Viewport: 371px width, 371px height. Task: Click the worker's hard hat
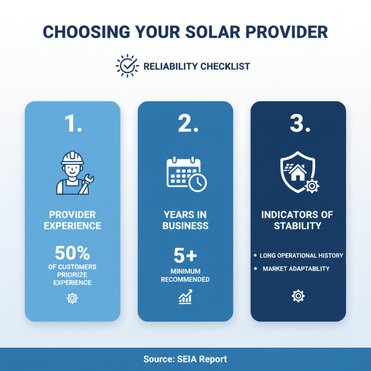[x=72, y=158]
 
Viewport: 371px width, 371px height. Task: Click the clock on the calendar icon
[x=198, y=182]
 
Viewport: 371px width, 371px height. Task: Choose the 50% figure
[x=72, y=253]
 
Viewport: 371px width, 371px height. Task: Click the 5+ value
[x=185, y=255]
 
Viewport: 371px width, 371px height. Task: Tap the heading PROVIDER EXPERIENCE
[x=72, y=220]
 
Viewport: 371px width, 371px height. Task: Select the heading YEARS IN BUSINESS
[x=185, y=220]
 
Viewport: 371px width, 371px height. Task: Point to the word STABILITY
[x=298, y=226]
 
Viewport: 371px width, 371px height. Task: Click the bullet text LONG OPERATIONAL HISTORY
[x=301, y=256]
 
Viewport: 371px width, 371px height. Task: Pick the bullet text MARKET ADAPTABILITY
[x=296, y=269]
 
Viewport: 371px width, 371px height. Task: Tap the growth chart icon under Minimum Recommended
[x=185, y=297]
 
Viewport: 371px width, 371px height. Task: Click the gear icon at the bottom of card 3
[x=298, y=296]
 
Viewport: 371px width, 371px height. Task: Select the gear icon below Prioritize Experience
[x=72, y=298]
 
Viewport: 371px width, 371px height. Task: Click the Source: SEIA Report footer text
[x=185, y=359]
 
